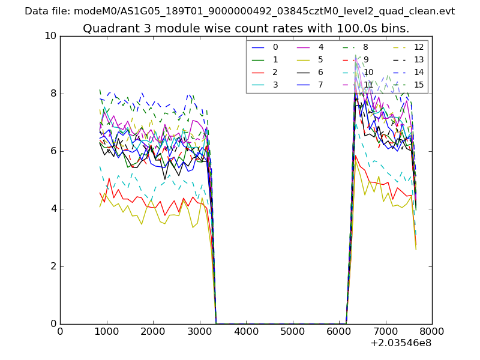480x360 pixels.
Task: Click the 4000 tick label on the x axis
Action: point(246,331)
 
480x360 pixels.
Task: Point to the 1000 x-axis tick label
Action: point(106,331)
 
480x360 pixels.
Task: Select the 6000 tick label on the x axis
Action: point(339,331)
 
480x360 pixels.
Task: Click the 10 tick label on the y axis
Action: point(50,36)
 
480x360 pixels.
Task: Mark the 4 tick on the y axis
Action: point(52,209)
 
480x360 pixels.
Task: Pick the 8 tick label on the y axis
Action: point(52,94)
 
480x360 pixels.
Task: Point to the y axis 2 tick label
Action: point(52,266)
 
